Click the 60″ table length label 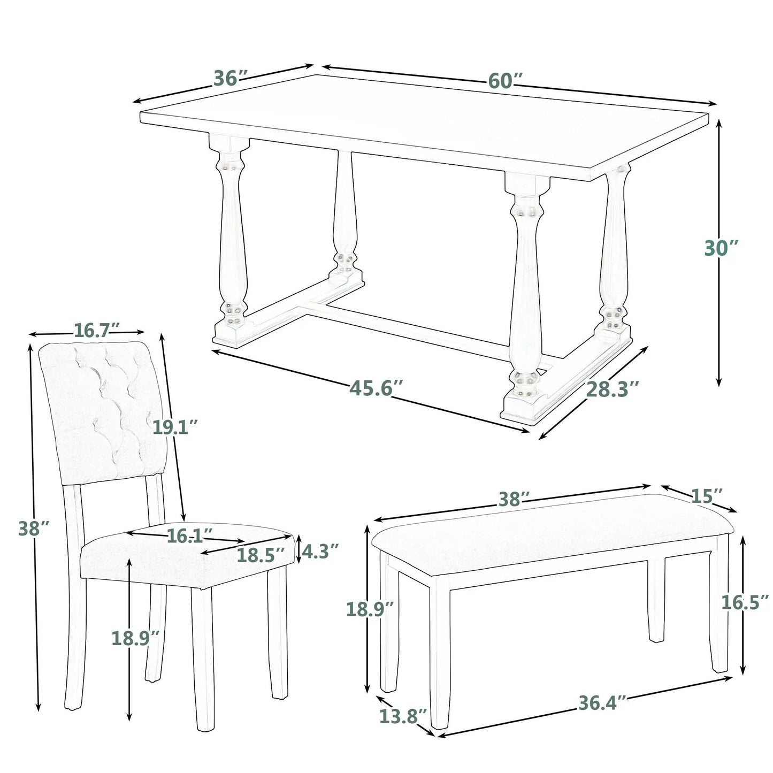click(x=504, y=80)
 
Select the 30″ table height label click(x=721, y=249)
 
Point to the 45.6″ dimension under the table click(x=372, y=388)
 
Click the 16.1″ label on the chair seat click(x=190, y=535)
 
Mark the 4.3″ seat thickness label click(x=320, y=550)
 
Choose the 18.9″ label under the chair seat click(x=135, y=638)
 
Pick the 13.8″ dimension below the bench click(x=403, y=716)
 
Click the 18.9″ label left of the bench click(x=370, y=609)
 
